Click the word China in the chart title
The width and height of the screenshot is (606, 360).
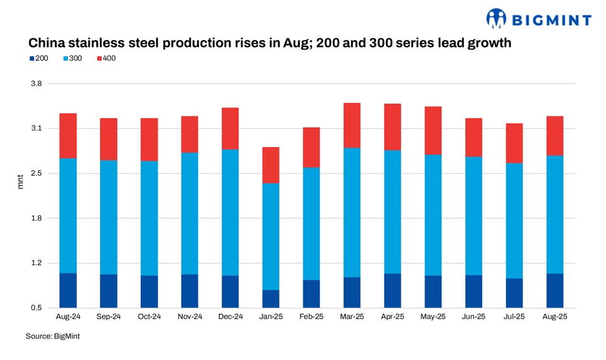tap(45, 44)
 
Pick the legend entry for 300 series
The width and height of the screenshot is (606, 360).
tap(72, 58)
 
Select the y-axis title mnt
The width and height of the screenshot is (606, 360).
tap(20, 183)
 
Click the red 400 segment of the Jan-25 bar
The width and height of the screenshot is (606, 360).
tap(271, 165)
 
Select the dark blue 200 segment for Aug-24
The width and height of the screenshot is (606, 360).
tap(68, 290)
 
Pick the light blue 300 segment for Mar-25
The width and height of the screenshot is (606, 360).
tap(352, 212)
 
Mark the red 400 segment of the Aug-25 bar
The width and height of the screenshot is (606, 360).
tap(555, 136)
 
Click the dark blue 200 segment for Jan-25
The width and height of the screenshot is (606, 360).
tap(271, 299)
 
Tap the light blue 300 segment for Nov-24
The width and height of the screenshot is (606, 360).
tap(190, 214)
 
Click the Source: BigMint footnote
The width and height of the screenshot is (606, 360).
tap(53, 337)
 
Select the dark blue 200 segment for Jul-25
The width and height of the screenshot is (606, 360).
tap(514, 293)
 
